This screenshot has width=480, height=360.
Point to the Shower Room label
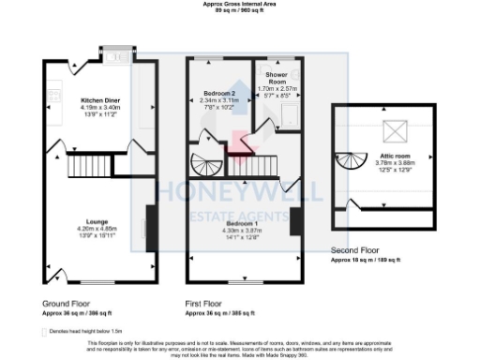(x=277, y=74)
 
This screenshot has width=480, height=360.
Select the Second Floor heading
(x=356, y=251)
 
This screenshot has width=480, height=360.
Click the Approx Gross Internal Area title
(x=240, y=4)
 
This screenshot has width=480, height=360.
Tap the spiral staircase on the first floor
(x=202, y=163)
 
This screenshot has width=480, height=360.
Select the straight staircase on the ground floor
(x=82, y=169)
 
